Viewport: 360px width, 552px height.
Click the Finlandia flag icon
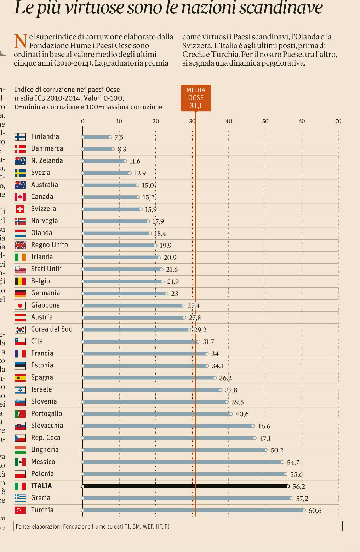click(20, 137)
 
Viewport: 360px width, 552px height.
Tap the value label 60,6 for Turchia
click(315, 511)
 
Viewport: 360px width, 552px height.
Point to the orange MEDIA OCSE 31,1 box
click(196, 98)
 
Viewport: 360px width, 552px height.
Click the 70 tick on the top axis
click(338, 121)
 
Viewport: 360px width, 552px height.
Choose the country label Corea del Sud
click(52, 329)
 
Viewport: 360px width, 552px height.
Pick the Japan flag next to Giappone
click(20, 305)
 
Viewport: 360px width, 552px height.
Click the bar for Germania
click(125, 293)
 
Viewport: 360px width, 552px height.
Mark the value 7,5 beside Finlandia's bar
click(119, 137)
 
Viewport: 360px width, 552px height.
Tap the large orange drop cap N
click(21, 41)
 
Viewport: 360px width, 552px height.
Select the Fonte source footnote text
click(92, 526)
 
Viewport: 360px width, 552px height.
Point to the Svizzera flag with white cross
click(20, 209)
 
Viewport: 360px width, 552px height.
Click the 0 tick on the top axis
click(82, 121)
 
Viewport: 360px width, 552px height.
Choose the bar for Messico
click(182, 462)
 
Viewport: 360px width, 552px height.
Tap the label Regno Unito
click(49, 245)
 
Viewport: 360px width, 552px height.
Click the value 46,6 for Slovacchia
click(264, 426)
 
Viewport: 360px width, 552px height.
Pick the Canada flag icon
click(20, 197)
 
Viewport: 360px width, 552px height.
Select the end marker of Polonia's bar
click(286, 474)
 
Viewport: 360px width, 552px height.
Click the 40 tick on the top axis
click(229, 121)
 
